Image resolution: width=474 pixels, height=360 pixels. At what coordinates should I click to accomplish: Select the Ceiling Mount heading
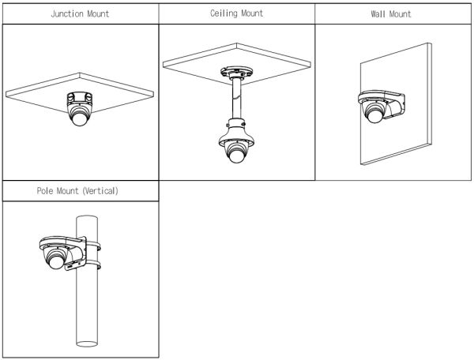pyautogui.click(x=237, y=13)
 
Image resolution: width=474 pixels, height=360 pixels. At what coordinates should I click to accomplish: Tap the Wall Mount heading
pyautogui.click(x=390, y=13)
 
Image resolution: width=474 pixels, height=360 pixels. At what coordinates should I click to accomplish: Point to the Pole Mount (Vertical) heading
pyautogui.click(x=77, y=190)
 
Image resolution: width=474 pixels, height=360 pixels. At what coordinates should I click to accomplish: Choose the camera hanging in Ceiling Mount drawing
pyautogui.click(x=235, y=148)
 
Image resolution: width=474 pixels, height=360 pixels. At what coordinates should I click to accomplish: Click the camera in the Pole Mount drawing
pyautogui.click(x=58, y=254)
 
